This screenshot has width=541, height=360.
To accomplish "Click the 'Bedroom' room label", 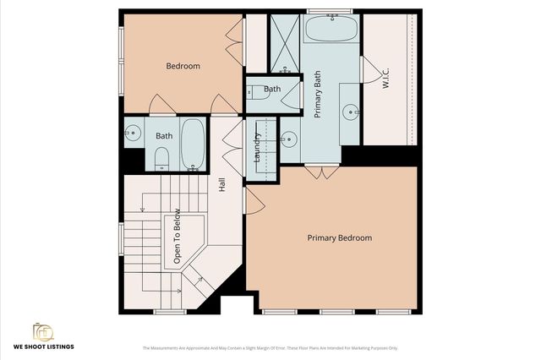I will [x=183, y=66].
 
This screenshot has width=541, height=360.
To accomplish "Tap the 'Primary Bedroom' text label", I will [x=339, y=238].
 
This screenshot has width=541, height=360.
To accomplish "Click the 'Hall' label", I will [x=222, y=183].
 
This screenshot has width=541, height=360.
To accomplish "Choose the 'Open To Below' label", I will [x=178, y=237].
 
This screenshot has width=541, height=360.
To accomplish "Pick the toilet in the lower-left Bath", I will [x=161, y=158].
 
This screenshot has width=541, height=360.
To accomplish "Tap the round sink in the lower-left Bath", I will [x=133, y=133].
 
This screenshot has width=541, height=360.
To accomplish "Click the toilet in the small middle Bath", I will [x=256, y=94].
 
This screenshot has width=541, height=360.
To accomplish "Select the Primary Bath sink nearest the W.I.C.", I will [x=350, y=111].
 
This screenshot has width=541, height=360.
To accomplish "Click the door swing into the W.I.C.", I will [x=369, y=70].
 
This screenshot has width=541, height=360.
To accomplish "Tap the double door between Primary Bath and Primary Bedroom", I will [x=321, y=173].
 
